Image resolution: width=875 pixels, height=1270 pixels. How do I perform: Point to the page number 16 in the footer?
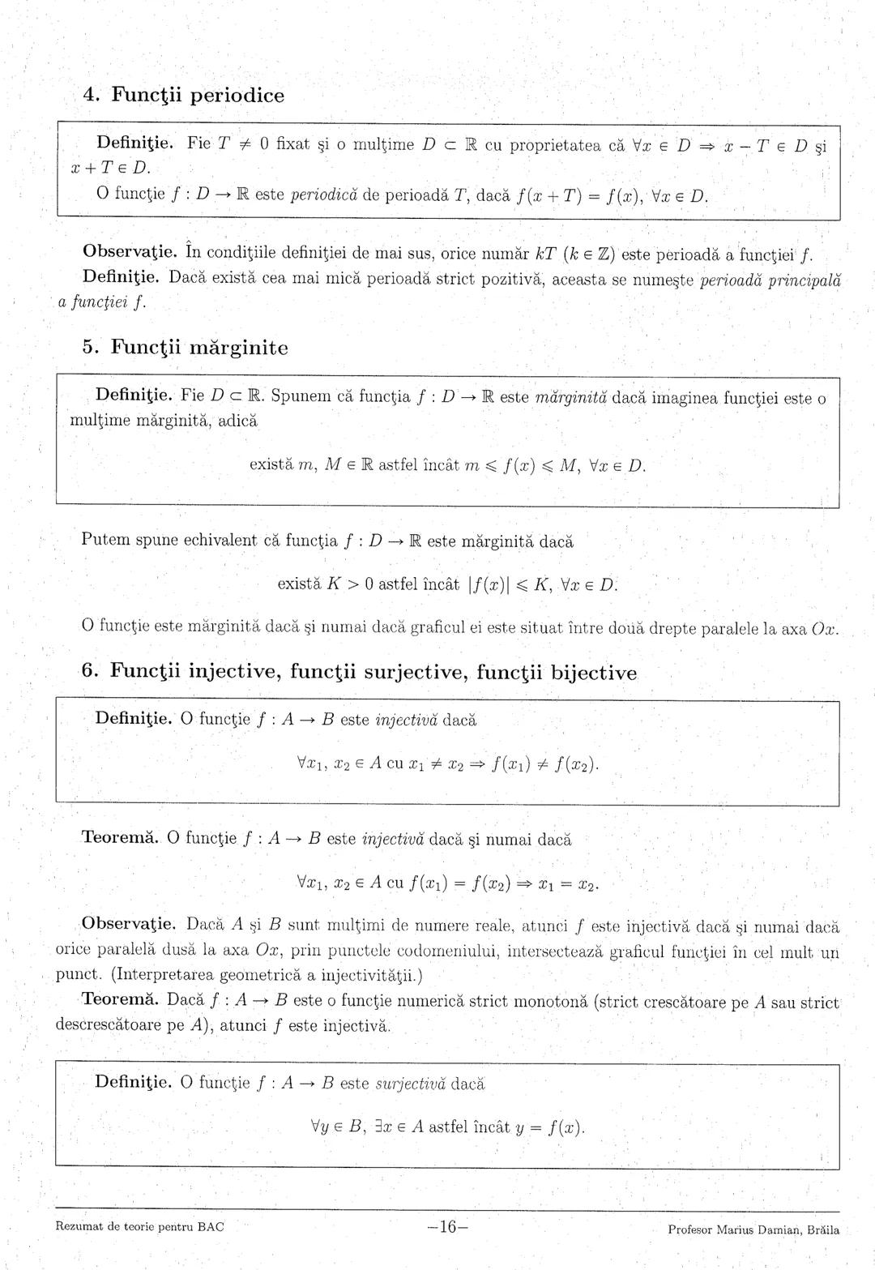(447, 1227)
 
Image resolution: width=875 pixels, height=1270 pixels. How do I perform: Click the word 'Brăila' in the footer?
(817, 1229)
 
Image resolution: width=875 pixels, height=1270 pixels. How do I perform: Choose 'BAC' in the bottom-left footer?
(211, 1226)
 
